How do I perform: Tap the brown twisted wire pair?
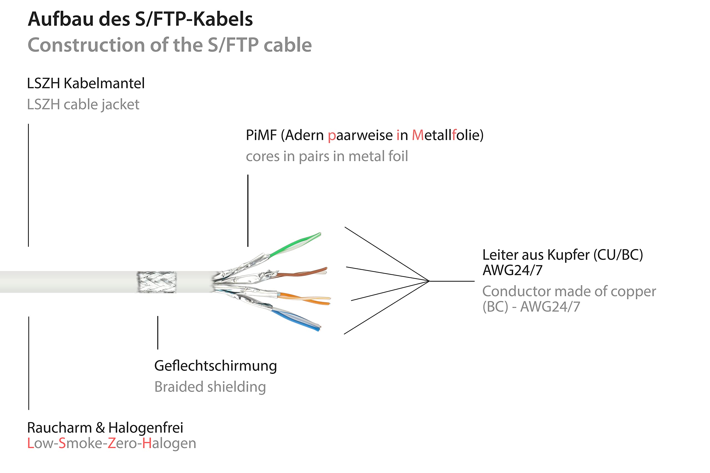[x=302, y=273]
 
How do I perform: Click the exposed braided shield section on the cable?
[x=156, y=282]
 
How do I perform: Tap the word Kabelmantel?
[x=104, y=83]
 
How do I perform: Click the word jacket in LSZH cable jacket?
[x=120, y=105]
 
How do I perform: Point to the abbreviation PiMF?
[x=261, y=135]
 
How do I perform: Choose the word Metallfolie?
[x=447, y=135]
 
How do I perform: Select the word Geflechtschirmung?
[x=215, y=366]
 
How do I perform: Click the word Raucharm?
[x=60, y=428]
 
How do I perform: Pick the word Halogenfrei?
[x=146, y=428]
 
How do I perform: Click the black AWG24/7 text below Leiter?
[x=513, y=270]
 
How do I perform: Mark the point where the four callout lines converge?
[x=429, y=281]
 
